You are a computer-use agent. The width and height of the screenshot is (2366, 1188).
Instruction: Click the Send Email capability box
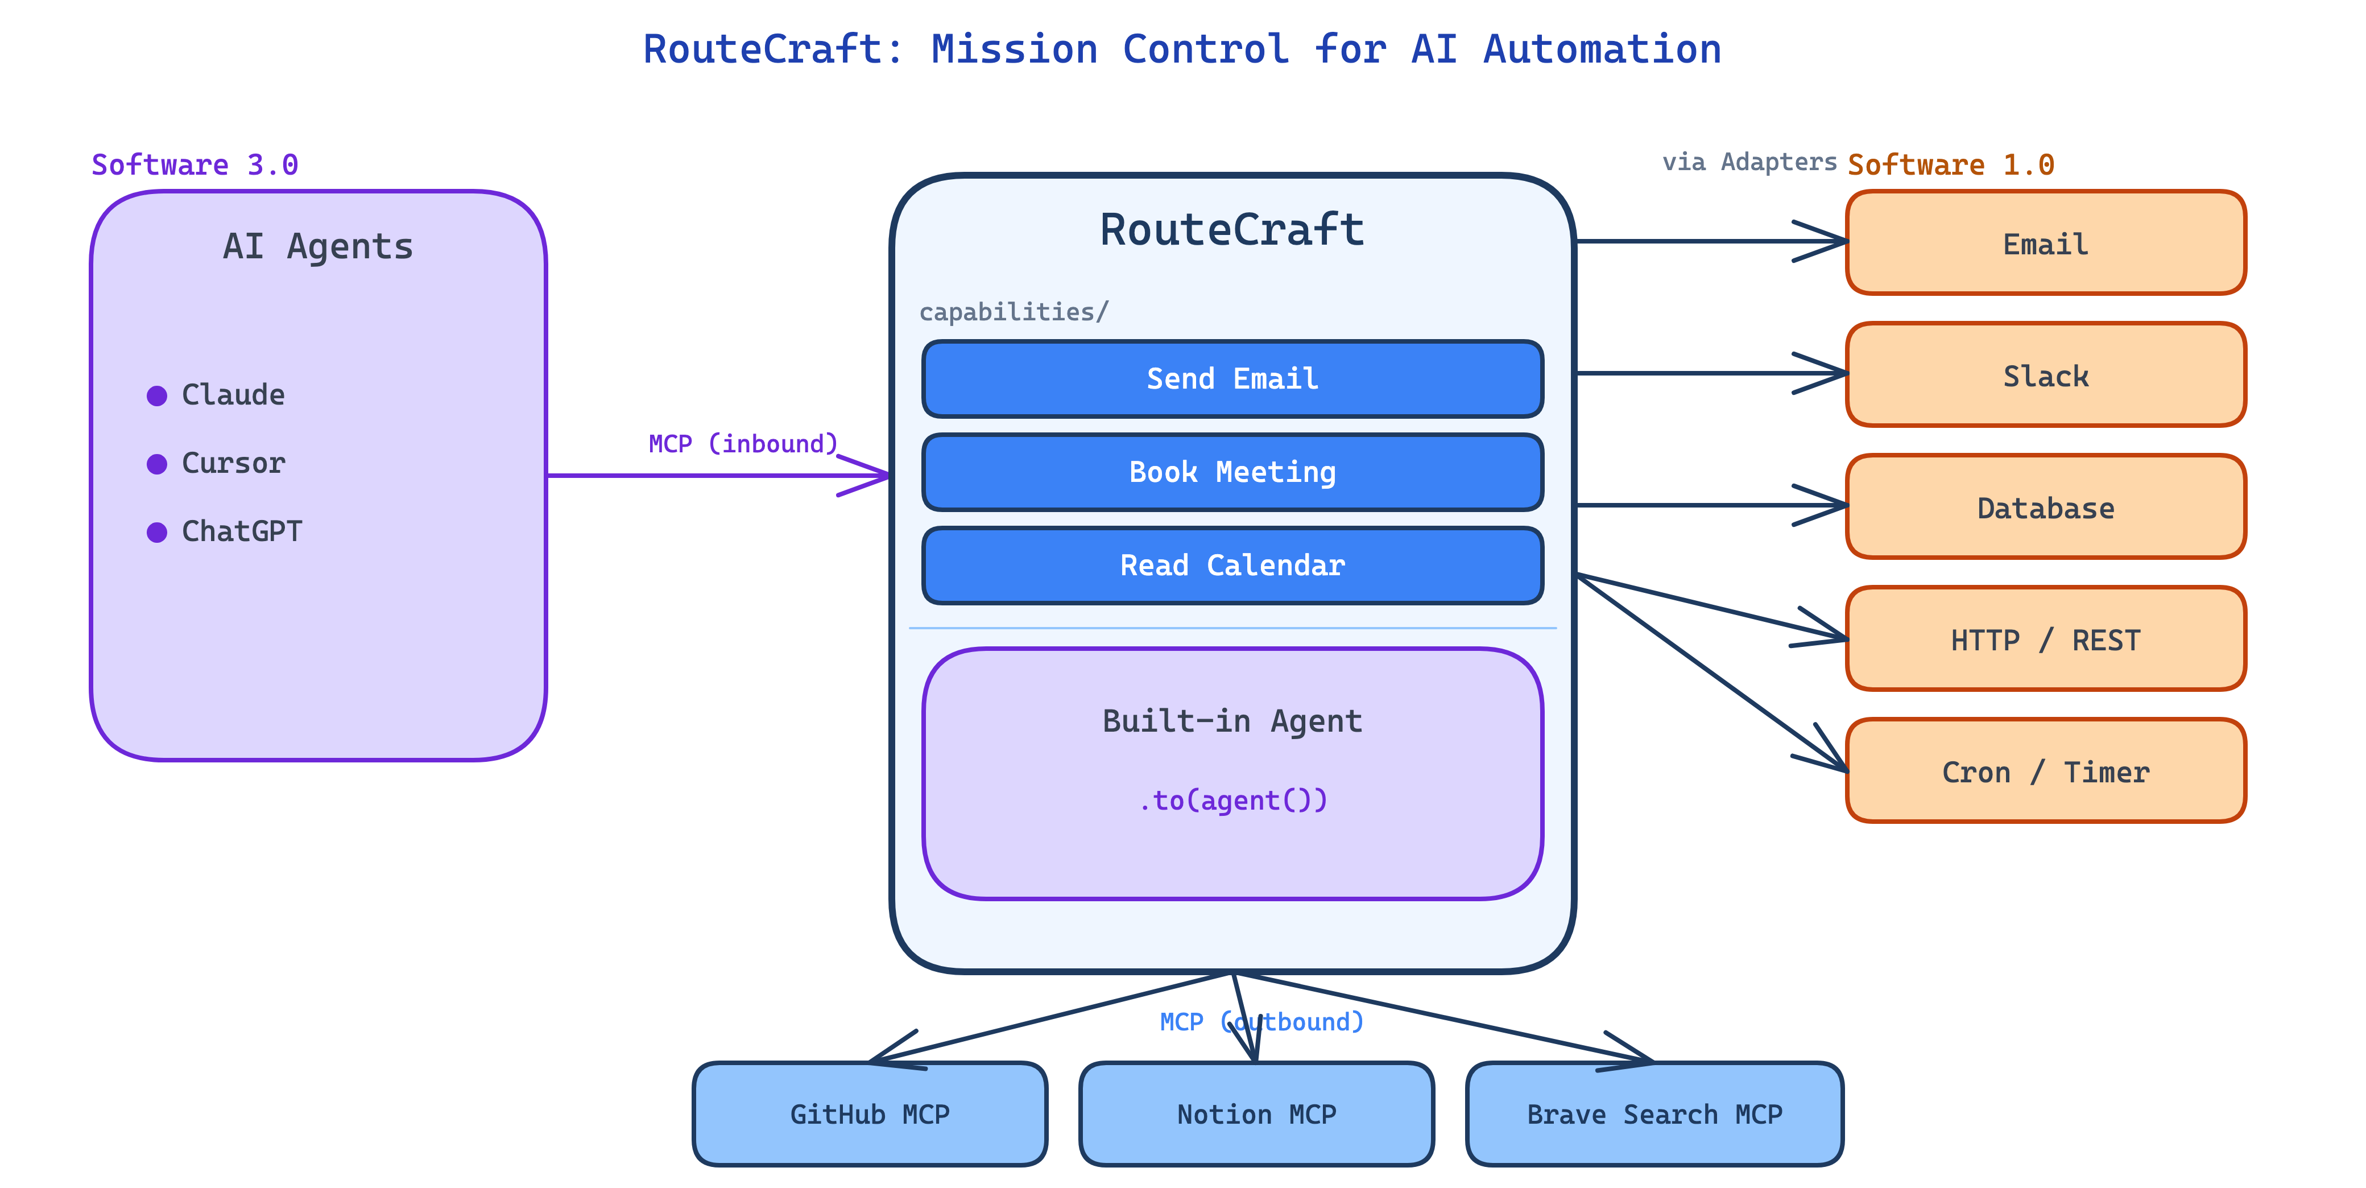pos(1232,378)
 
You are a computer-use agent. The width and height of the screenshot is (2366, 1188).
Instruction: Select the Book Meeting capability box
pos(1232,472)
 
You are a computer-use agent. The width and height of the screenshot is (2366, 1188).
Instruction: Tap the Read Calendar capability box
pos(1232,565)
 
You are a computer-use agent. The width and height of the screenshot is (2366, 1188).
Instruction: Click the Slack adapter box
pos(2045,375)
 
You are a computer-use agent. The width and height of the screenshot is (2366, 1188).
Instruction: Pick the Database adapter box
pos(2045,507)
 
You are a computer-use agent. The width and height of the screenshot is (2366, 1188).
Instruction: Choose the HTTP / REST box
pos(2045,640)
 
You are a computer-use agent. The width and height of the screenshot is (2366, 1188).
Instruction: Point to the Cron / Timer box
pos(2045,772)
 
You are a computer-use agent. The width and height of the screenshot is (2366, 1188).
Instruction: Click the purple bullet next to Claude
pos(157,396)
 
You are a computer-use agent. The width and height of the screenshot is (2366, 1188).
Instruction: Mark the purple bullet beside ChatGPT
pos(157,532)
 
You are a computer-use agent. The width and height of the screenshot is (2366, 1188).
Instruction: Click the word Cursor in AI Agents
pos(233,463)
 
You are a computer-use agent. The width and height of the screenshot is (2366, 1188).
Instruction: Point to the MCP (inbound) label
pos(743,444)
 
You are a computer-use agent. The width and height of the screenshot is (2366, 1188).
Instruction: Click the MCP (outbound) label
pos(1261,1022)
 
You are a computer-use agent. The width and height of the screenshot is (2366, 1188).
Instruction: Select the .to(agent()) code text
pos(1232,801)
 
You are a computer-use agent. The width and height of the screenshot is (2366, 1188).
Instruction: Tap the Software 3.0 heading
pos(195,164)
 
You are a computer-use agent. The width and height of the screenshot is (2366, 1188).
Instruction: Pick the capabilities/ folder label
pos(1013,312)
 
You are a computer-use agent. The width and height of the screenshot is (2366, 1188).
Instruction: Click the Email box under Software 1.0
pos(2045,244)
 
